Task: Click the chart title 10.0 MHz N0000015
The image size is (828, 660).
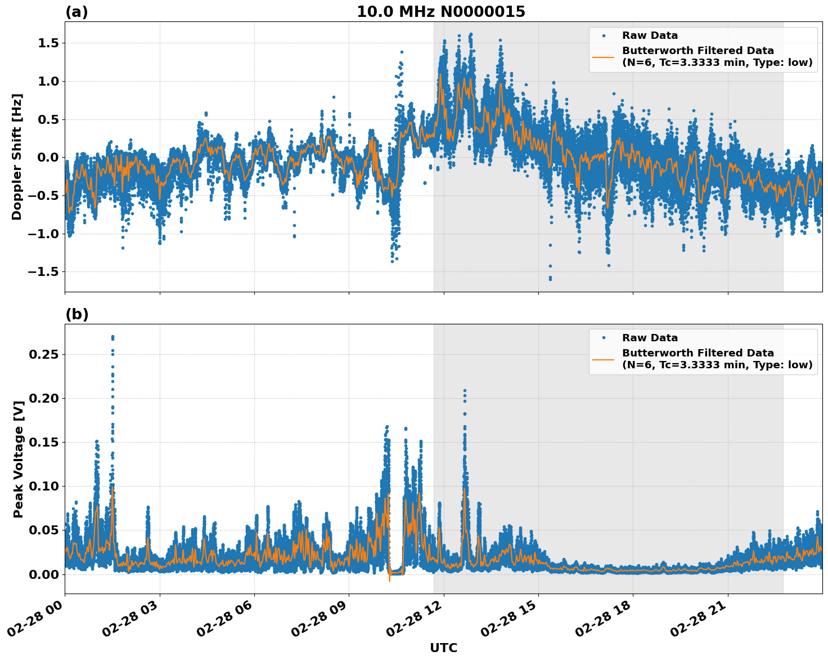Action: tap(440, 12)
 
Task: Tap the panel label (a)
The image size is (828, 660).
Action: tap(76, 12)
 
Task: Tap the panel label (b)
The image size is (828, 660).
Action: tap(76, 314)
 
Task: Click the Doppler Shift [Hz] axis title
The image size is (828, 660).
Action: tap(17, 157)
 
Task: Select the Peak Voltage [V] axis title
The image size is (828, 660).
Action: tap(19, 459)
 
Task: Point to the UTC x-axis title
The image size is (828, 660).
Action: tap(443, 648)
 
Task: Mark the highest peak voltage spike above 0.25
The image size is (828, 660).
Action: tap(112, 337)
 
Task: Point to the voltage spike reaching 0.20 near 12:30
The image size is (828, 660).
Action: tap(465, 390)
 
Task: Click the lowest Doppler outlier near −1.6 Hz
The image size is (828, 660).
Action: tap(550, 279)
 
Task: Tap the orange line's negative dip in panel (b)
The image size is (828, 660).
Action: tap(389, 580)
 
